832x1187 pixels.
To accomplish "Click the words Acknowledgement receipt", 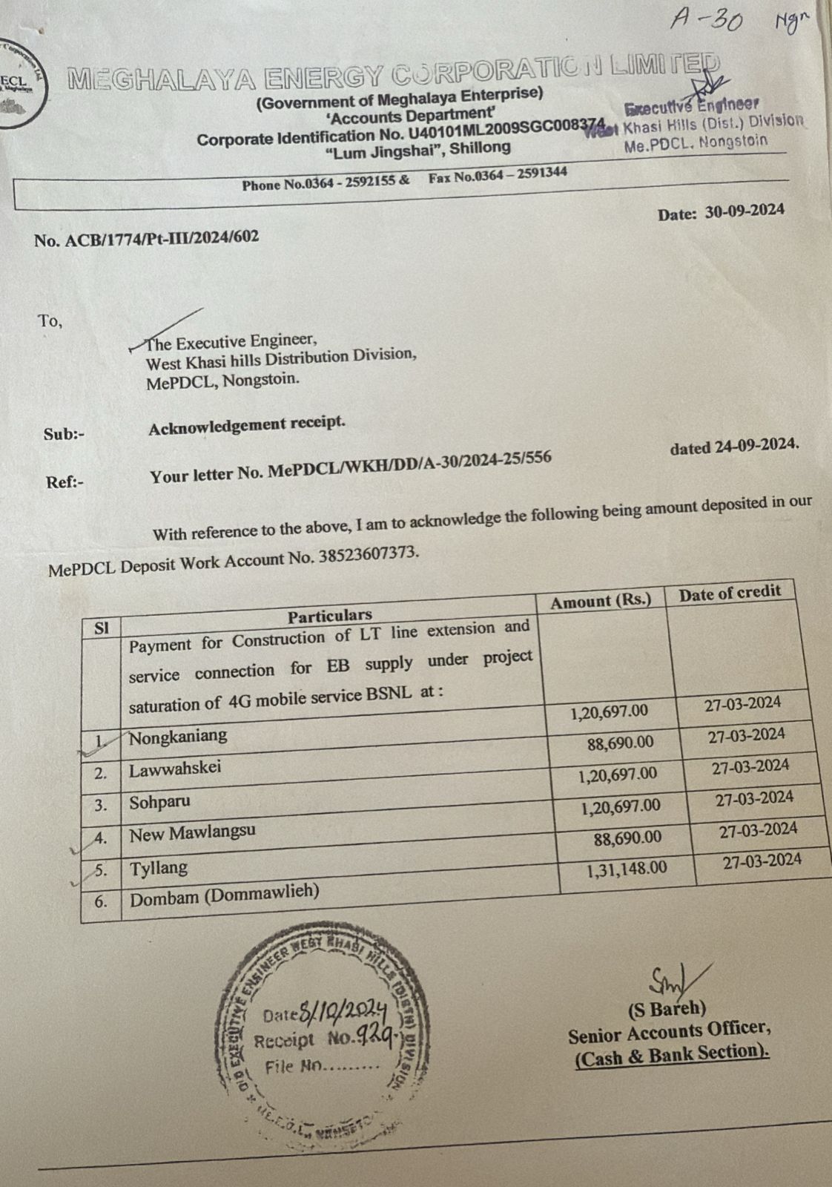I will [247, 425].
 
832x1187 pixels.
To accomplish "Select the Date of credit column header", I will [730, 593].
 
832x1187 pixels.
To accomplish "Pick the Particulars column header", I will [330, 615].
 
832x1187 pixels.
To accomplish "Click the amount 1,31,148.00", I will [627, 869].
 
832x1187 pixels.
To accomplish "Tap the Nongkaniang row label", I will [178, 737].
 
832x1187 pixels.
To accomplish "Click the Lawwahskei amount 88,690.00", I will [621, 743].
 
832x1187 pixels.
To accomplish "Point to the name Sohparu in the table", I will [159, 802].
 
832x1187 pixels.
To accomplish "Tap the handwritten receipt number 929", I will [377, 1035].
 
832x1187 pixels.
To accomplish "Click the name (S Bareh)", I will [667, 1008].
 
